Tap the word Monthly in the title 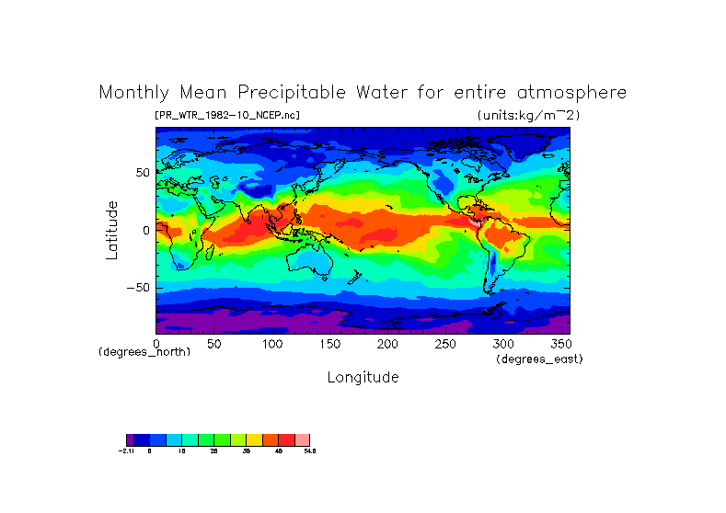click(133, 93)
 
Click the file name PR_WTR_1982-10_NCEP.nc click(227, 115)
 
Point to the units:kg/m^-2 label click(528, 115)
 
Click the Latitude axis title click(111, 230)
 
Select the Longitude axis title click(363, 377)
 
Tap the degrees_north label click(144, 352)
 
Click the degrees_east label click(539, 359)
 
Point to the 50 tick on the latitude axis click(142, 172)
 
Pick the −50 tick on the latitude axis click(138, 287)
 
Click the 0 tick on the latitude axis click(145, 230)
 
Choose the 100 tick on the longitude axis click(272, 343)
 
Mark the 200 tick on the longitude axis click(387, 343)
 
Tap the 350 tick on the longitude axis click(559, 343)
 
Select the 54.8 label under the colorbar click(309, 451)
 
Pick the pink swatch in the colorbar click(302, 439)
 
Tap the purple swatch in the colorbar click(130, 439)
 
